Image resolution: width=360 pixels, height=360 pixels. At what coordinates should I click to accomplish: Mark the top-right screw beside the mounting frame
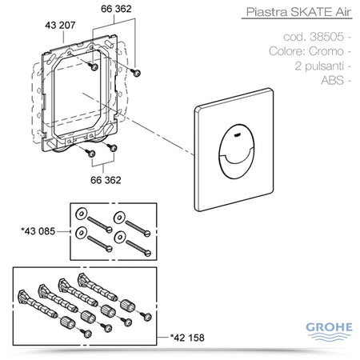pos(137,73)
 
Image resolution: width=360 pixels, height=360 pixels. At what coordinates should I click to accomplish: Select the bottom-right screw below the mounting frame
pos(114,147)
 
